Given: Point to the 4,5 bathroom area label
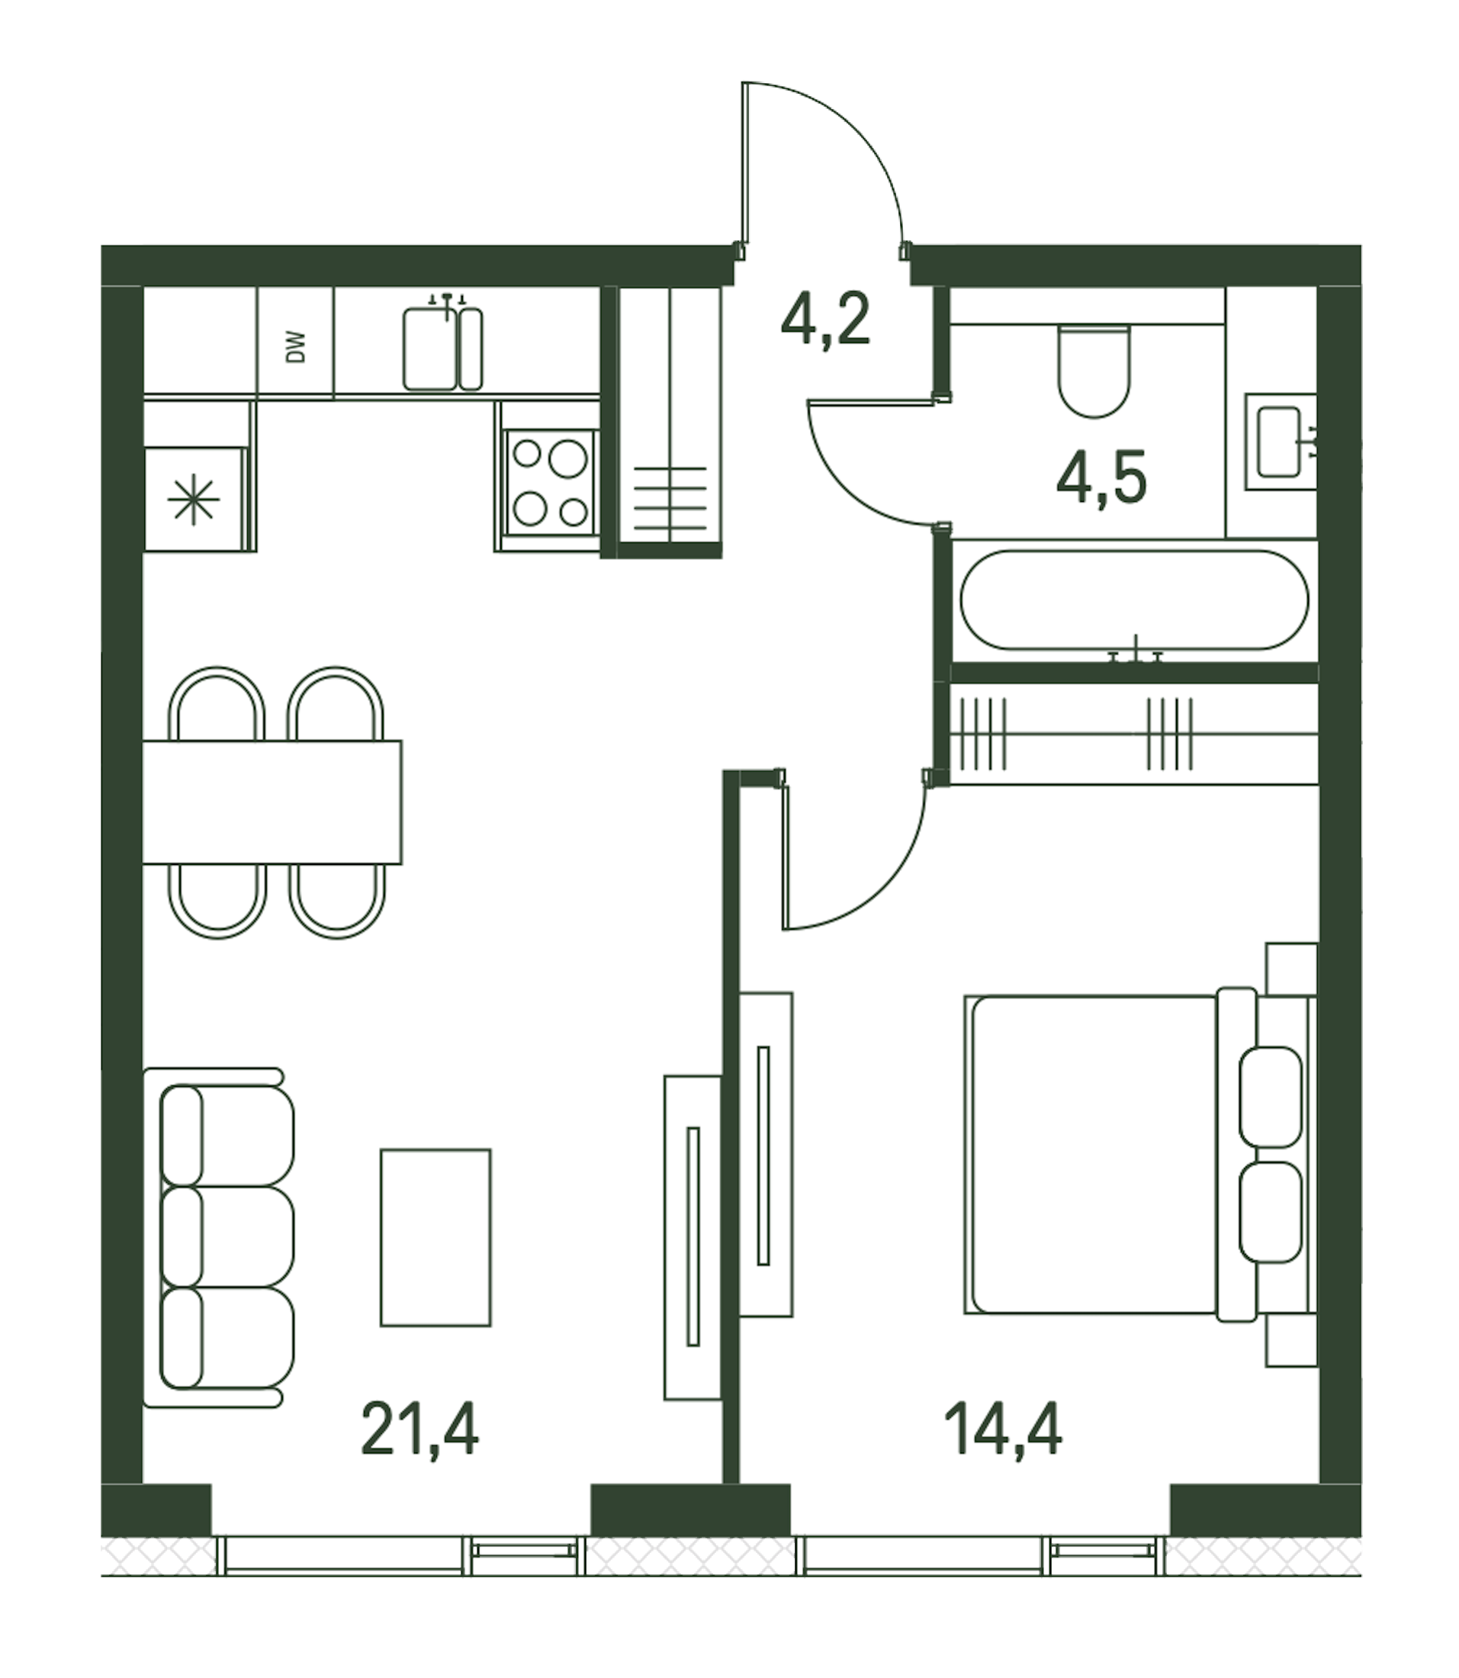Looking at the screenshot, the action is click(x=1101, y=479).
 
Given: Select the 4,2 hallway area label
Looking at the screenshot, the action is click(x=825, y=320).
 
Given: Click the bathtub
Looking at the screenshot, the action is click(x=1135, y=602).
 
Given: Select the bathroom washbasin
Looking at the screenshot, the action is click(x=1279, y=443).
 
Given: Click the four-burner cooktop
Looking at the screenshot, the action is click(x=551, y=481).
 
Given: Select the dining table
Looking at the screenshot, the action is click(x=273, y=802).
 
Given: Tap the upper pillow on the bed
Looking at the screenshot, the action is click(x=1270, y=1097).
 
